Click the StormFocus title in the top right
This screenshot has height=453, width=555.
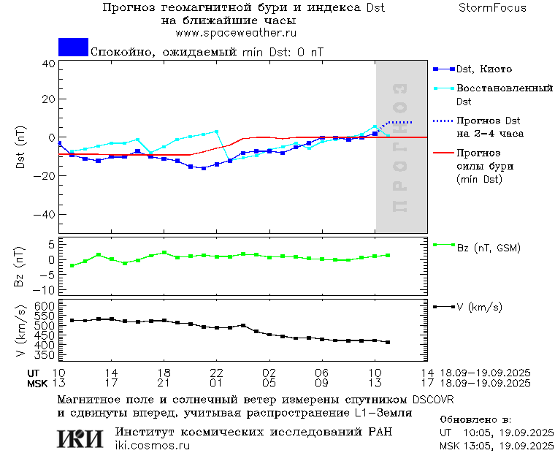[x=492, y=8]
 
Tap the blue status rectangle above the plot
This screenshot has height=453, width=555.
[x=73, y=47]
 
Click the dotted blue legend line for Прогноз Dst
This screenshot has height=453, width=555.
[x=443, y=121]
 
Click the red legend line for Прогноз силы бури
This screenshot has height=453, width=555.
[x=443, y=153]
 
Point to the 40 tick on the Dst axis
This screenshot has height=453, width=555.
[x=48, y=64]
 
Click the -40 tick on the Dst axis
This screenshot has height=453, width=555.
[x=45, y=215]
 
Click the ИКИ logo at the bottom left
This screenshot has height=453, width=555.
[x=80, y=438]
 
